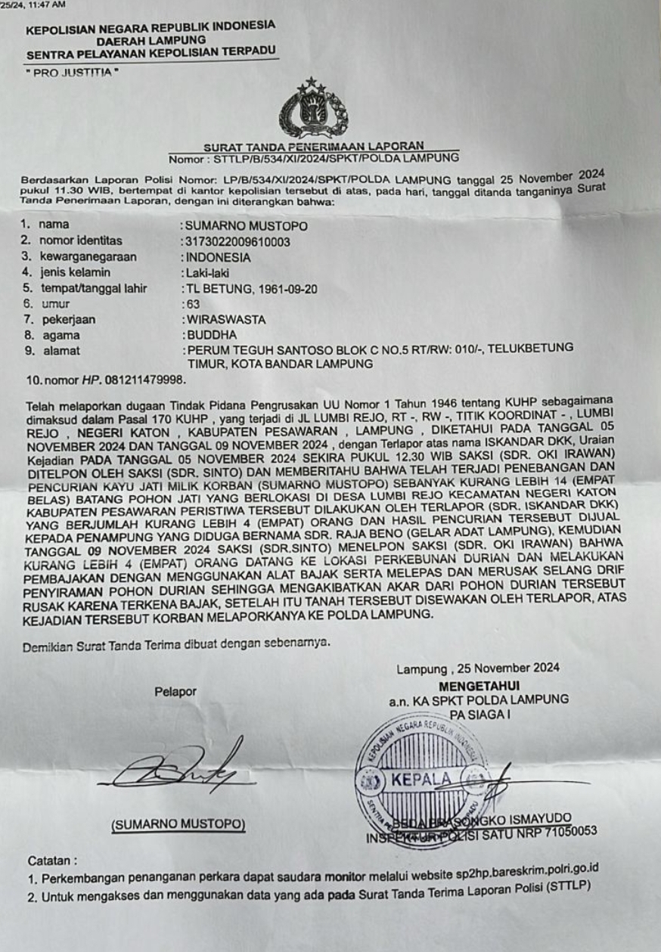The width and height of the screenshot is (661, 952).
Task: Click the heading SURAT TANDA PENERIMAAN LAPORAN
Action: click(x=313, y=147)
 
